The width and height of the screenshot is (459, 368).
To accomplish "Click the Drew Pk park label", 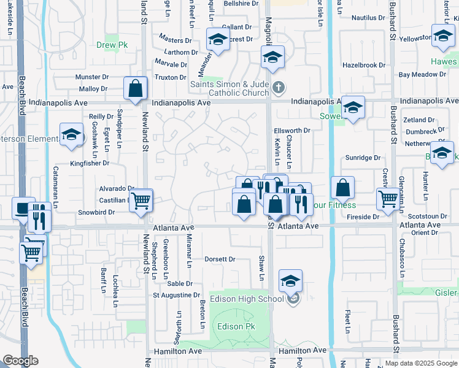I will coord(110,45).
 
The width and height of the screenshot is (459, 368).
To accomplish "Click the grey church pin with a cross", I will coord(279,86).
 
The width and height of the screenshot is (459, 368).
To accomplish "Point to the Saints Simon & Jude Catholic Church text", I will coord(229,88).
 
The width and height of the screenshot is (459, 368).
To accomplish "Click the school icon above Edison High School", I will coord(290,282).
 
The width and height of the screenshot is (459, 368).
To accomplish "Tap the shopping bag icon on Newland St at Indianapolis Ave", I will coord(135,88).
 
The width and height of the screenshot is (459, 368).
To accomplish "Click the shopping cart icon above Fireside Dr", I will coord(388,199).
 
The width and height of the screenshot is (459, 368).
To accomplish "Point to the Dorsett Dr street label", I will coord(220,259).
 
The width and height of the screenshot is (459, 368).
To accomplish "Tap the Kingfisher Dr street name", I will coord(90,163).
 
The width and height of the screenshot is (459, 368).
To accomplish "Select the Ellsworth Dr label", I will coord(292,131).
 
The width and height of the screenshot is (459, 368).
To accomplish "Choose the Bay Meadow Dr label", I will coord(422,74).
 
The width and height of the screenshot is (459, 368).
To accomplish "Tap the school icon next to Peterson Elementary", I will coord(72,135).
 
